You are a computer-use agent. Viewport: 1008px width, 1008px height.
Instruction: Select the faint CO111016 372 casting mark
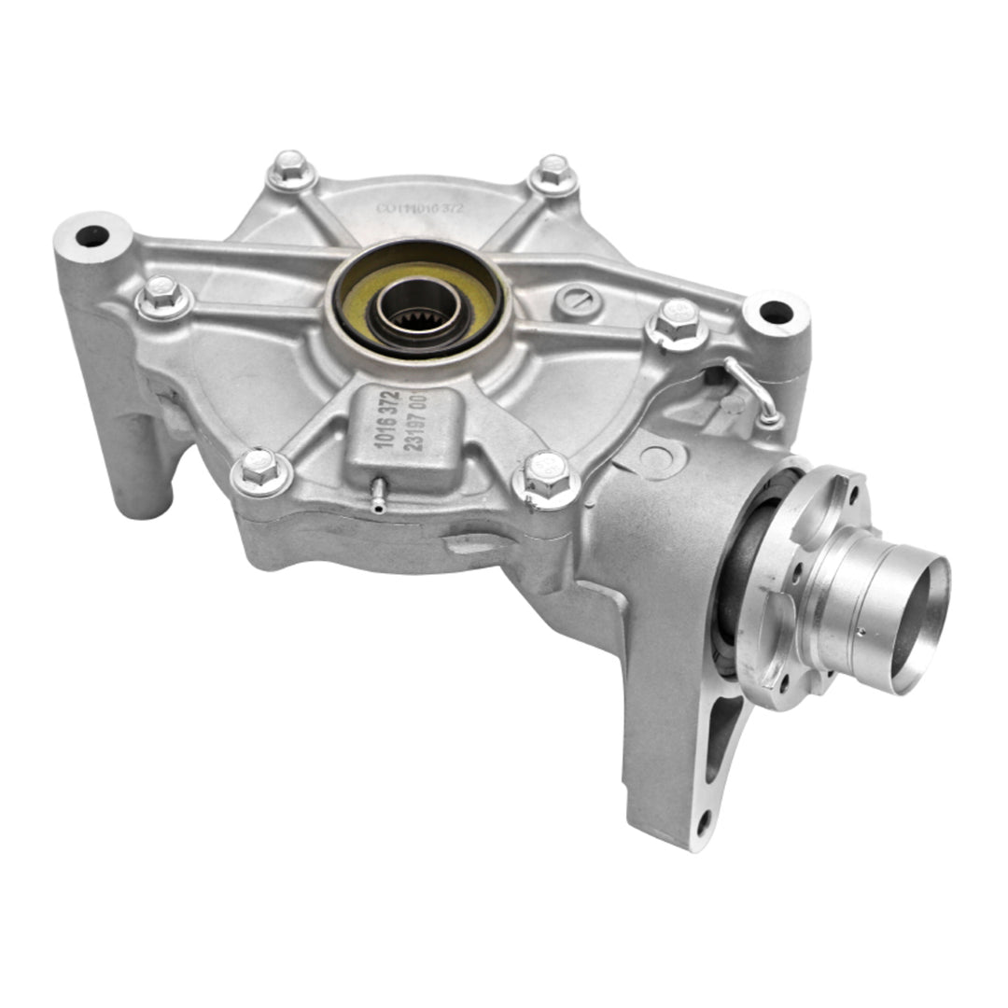click(x=423, y=209)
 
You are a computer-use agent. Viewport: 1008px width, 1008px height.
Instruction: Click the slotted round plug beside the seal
click(x=571, y=300)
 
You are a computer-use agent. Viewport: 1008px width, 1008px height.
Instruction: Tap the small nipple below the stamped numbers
click(x=378, y=498)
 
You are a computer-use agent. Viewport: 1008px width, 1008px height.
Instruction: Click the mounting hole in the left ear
click(x=91, y=236)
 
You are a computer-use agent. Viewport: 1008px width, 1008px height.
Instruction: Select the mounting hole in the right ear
click(x=775, y=313)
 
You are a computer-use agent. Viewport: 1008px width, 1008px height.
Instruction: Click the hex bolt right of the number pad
click(x=546, y=475)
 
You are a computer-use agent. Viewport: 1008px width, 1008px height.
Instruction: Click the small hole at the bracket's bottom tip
click(x=705, y=822)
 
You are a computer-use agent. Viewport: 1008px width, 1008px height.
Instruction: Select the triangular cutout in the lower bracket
click(x=722, y=734)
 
